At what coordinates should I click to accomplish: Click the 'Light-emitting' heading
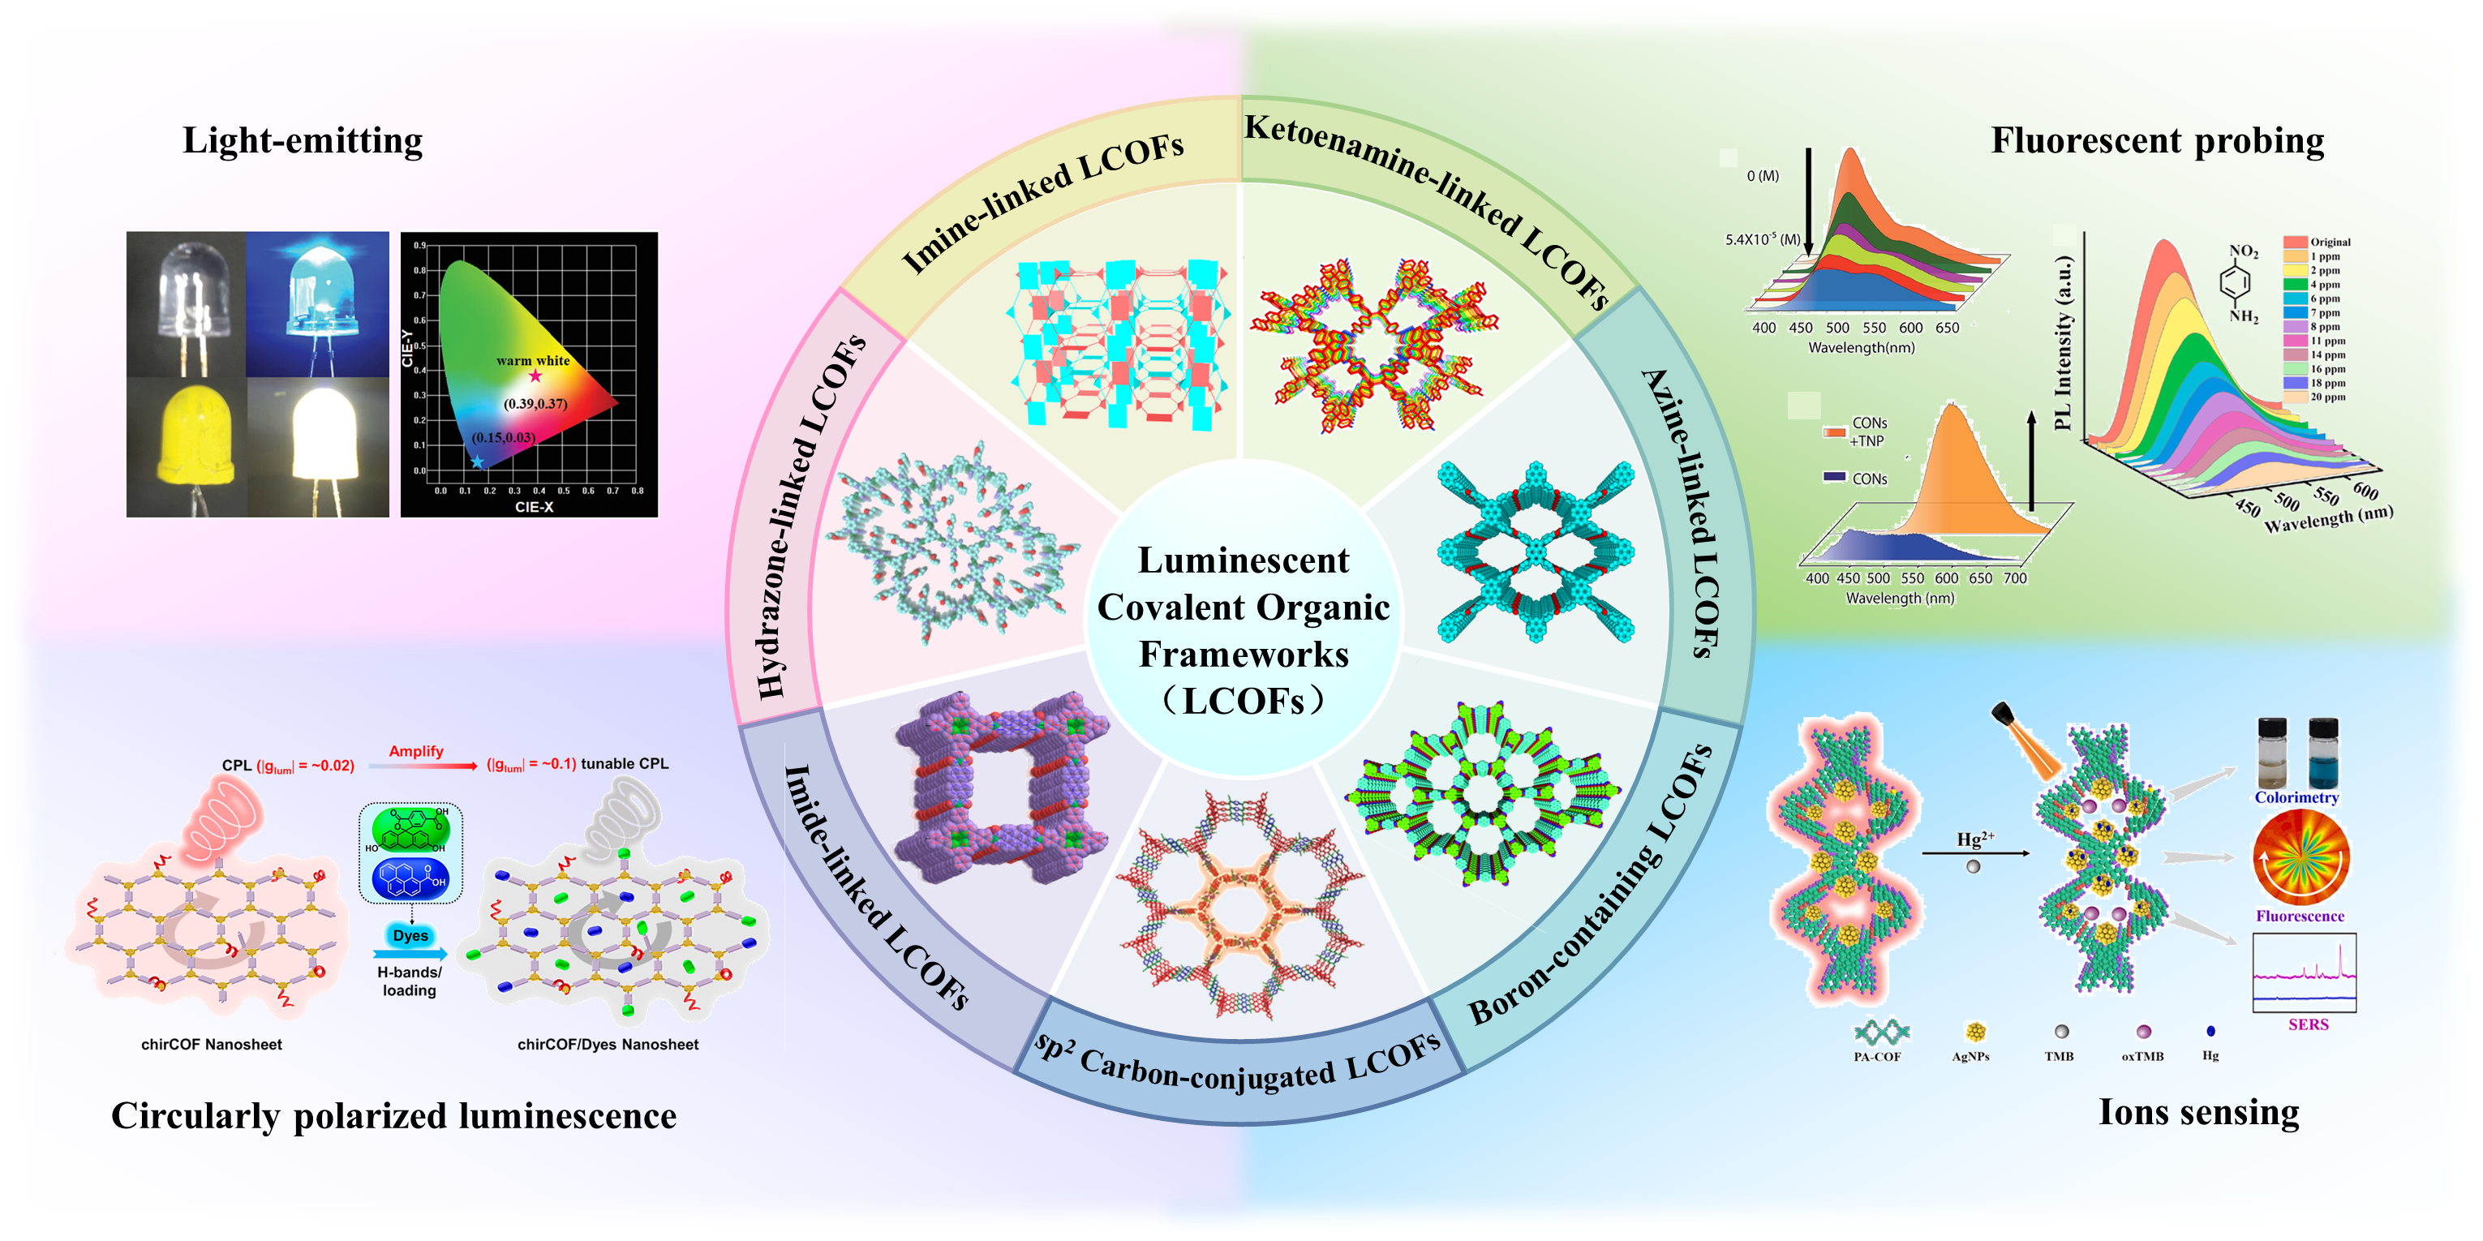(x=303, y=140)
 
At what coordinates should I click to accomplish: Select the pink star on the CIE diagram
(x=535, y=376)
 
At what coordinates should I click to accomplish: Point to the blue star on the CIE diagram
(x=477, y=462)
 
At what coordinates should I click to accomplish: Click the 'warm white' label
(x=533, y=360)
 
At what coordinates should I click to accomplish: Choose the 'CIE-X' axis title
(x=534, y=507)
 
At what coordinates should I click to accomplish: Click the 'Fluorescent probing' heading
(x=2157, y=140)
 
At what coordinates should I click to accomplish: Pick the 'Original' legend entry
(x=2330, y=242)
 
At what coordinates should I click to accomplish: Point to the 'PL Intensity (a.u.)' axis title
(x=2062, y=342)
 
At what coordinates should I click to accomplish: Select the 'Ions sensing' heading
(x=2198, y=1112)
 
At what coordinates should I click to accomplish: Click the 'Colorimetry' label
(x=2296, y=798)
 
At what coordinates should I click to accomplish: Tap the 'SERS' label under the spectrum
(x=2308, y=1024)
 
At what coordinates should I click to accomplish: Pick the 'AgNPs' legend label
(x=1970, y=1056)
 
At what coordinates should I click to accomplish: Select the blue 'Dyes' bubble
(x=410, y=935)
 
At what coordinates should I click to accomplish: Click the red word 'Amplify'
(x=415, y=752)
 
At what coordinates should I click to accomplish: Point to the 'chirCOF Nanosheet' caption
(x=211, y=1045)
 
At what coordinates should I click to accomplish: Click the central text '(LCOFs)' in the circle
(x=1244, y=701)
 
